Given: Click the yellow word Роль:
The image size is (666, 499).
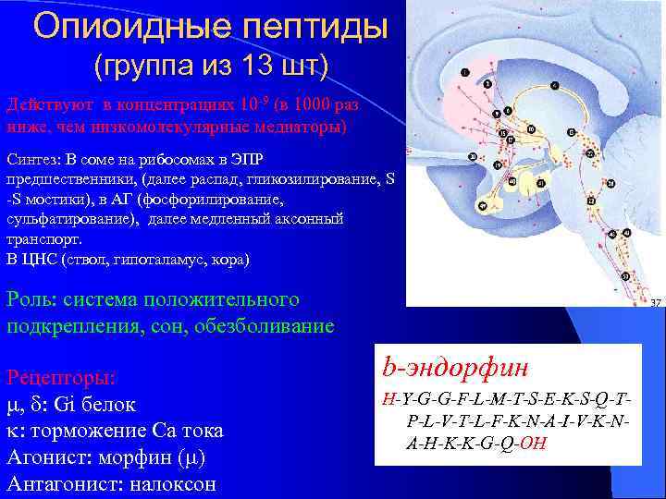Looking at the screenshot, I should click(32, 299).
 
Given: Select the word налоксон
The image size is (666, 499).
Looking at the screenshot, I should click(177, 483).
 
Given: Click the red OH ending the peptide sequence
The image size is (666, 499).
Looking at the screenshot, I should click(534, 441).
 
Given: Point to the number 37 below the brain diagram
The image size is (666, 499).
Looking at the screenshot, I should click(656, 302).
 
